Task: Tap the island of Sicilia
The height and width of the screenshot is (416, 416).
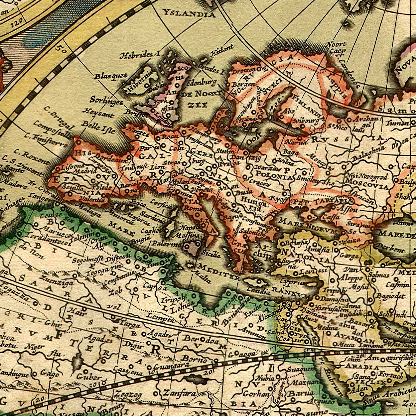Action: coord(191,247)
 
